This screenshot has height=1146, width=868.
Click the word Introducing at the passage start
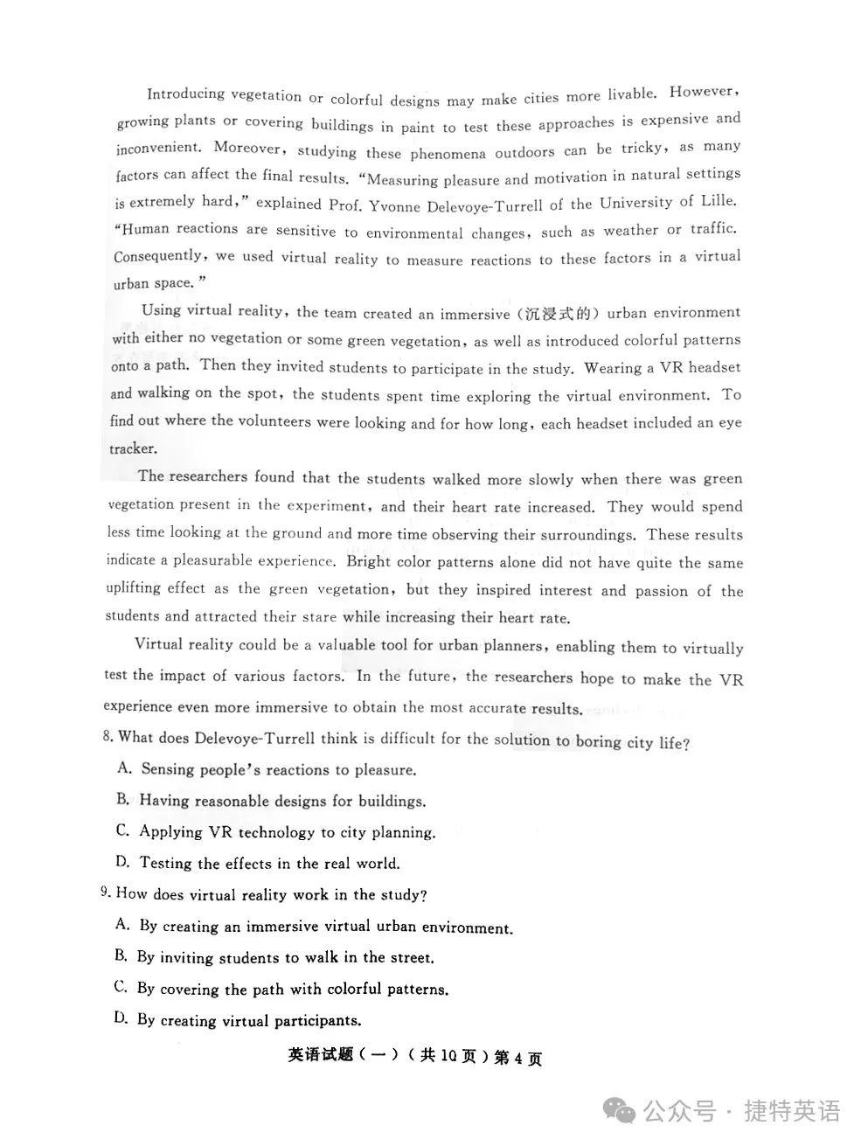(x=185, y=94)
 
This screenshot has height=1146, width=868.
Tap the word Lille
(x=719, y=200)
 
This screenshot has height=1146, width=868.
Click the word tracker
(x=133, y=448)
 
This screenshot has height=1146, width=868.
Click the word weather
(x=631, y=230)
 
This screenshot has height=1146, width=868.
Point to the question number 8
(x=108, y=736)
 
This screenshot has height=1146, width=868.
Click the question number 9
(x=105, y=892)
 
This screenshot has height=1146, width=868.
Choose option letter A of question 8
(x=124, y=767)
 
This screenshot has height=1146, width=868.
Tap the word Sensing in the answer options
(x=168, y=769)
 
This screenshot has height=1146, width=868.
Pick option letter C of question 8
(x=122, y=830)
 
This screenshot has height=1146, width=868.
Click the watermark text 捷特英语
(x=792, y=1111)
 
